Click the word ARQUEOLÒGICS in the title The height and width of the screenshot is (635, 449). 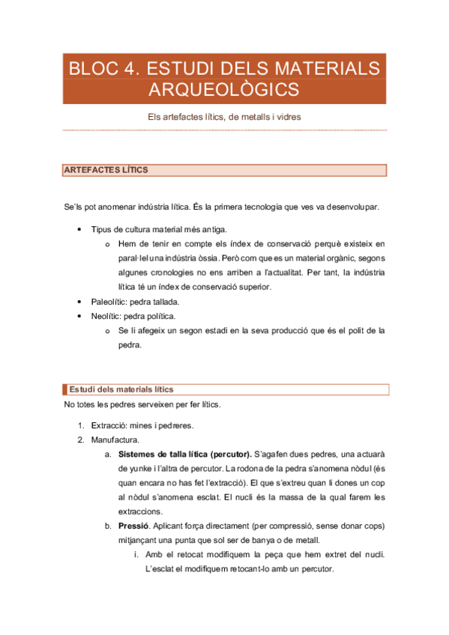(224, 90)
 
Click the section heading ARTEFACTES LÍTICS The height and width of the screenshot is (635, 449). (106, 170)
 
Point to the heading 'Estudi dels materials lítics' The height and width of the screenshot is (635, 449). (121, 389)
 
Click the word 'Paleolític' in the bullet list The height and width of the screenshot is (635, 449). (108, 302)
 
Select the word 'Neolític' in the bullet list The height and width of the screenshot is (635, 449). (106, 317)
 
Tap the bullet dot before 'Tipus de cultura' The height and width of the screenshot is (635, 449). (79, 228)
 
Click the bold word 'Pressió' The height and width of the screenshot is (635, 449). (133, 526)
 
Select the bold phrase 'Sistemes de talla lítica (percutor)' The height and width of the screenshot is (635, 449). (184, 454)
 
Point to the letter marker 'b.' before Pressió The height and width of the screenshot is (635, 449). (109, 526)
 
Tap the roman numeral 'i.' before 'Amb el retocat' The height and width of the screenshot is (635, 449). (135, 554)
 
